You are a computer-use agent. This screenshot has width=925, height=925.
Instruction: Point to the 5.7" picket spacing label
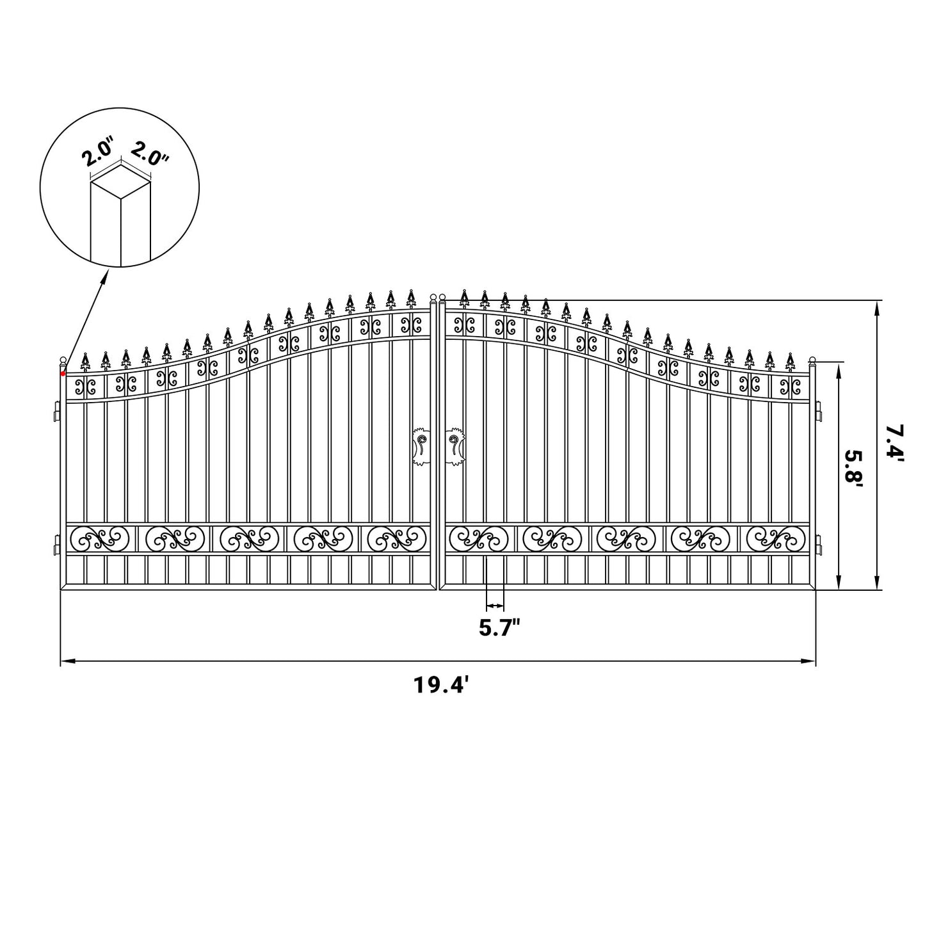point(498,629)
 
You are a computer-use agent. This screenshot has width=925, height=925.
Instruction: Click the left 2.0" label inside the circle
point(99,154)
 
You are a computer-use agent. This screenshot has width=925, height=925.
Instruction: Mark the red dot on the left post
point(63,373)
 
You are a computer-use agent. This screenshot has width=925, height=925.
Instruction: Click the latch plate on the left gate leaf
point(421,445)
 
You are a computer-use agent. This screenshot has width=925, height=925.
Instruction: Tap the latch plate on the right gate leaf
point(454,445)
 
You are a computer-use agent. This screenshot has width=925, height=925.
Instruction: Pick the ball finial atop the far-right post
point(813,360)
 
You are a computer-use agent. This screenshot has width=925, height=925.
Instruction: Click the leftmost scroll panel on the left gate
point(98,538)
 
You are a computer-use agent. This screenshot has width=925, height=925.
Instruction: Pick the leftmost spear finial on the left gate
point(85,360)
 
